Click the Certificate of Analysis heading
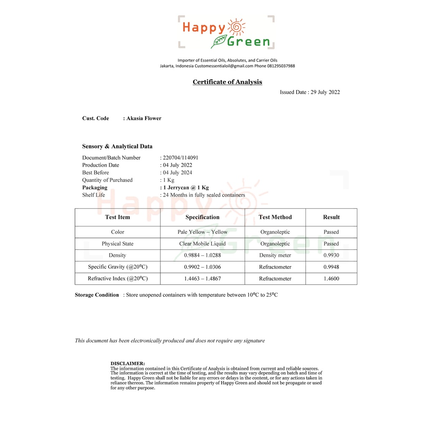point(227,82)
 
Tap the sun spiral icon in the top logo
point(236,27)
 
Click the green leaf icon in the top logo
point(219,41)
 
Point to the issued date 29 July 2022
point(325,92)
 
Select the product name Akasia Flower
point(144,118)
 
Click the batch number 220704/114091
point(181,158)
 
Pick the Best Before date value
point(178,173)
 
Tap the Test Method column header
point(275,217)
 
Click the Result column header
point(331,217)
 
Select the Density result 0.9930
point(331,255)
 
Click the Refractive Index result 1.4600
point(331,278)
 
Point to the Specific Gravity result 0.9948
point(331,267)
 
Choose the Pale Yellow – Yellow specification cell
point(202,232)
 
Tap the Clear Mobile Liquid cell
point(202,244)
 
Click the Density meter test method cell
point(275,255)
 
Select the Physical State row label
point(117,244)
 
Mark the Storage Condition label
point(97,295)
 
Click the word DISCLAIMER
point(127,363)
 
